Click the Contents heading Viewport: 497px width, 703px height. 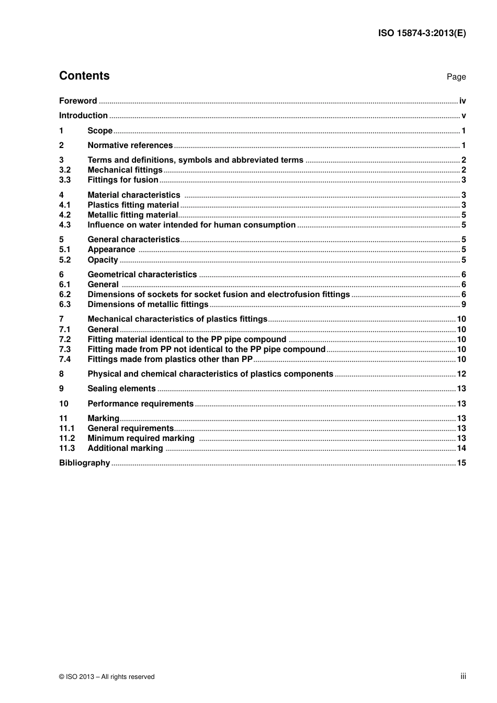click(84, 76)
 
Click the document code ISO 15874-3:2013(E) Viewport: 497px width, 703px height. click(422, 33)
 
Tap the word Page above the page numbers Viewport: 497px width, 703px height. click(456, 77)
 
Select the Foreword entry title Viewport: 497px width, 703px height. click(78, 101)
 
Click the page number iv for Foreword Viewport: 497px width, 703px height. click(462, 101)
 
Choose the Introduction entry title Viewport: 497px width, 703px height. click(83, 116)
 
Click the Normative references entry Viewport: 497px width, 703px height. click(130, 145)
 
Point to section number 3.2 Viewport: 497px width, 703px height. click(65, 170)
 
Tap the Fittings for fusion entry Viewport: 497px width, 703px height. click(123, 180)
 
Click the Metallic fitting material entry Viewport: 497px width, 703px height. click(133, 215)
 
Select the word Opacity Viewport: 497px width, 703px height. click(103, 260)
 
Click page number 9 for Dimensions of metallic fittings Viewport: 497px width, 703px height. click(464, 304)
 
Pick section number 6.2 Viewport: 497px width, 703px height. click(65, 294)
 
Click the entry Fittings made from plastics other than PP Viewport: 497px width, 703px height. click(170, 359)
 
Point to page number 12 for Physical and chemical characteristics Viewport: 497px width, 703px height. click(461, 374)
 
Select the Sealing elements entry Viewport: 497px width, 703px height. click(121, 389)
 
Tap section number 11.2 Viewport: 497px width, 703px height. click(67, 438)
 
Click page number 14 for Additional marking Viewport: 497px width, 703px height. click(461, 448)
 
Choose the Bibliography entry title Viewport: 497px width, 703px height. click(84, 463)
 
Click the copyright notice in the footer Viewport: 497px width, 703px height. click(107, 677)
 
